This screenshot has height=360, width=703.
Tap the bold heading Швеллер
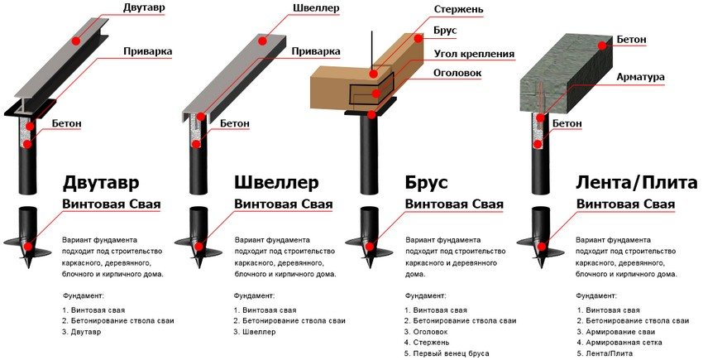click(x=277, y=182)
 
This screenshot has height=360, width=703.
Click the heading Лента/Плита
click(x=632, y=182)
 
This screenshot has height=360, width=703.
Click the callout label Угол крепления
click(x=474, y=55)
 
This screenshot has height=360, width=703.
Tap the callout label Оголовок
click(x=457, y=71)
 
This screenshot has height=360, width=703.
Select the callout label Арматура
click(x=640, y=77)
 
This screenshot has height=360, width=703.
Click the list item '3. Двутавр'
click(x=81, y=332)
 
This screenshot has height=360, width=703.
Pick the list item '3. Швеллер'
click(x=255, y=332)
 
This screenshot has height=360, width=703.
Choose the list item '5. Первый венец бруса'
click(x=447, y=353)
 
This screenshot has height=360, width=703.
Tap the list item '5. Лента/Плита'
click(x=605, y=353)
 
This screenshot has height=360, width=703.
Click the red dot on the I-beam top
click(x=76, y=39)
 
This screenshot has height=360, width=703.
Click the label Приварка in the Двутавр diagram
click(x=147, y=51)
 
